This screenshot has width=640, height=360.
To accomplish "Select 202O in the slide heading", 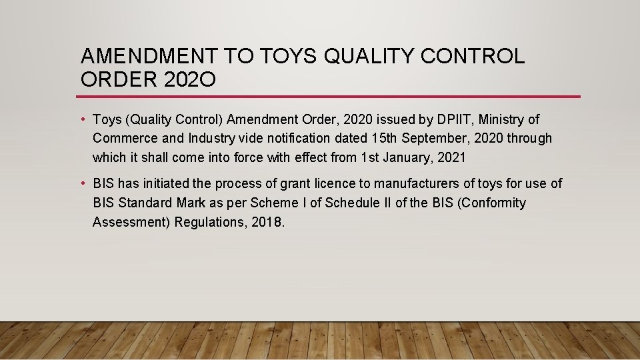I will click(x=189, y=79).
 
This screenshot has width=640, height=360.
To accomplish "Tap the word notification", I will click(x=311, y=139).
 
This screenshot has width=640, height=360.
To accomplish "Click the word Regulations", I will click(x=211, y=222).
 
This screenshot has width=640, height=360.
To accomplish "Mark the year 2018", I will click(x=268, y=222).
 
